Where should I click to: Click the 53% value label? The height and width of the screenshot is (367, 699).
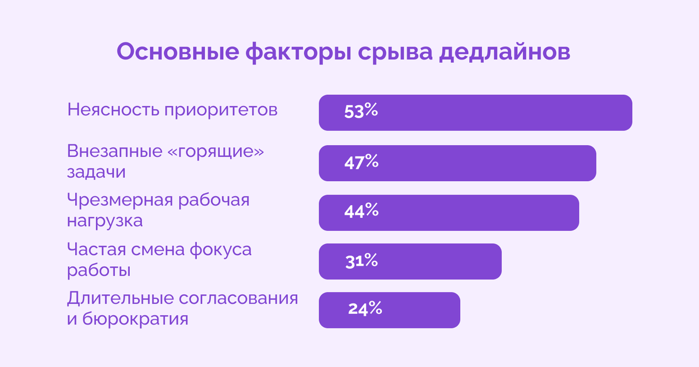point(361,112)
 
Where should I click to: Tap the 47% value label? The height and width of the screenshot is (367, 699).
point(361,162)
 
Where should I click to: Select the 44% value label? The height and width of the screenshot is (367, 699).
point(361,211)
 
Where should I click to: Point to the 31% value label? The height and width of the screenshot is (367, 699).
point(361,261)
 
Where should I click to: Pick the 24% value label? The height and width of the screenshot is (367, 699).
point(365,309)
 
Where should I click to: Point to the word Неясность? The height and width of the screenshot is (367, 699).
point(113,110)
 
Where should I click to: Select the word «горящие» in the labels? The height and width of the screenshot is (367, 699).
point(216,151)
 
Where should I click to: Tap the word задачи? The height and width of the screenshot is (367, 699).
point(96,172)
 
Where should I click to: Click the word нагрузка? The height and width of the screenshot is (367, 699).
point(105,222)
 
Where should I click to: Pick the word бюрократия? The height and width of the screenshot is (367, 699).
point(137,320)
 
